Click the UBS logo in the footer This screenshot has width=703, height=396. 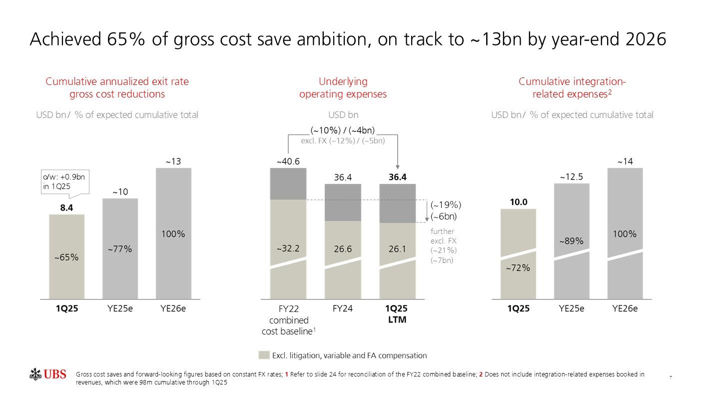[x=48, y=374]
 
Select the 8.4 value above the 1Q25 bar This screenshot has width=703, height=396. [x=67, y=208]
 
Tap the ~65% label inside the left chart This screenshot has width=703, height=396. [x=66, y=257]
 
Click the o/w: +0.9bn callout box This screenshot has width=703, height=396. [x=64, y=182]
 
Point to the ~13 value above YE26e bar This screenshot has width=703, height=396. [x=173, y=161]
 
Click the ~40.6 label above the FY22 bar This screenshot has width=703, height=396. [x=288, y=161]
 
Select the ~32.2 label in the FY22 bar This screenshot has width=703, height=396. [x=288, y=248]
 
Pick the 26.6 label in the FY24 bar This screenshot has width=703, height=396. [x=343, y=248]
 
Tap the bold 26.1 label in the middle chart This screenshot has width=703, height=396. [x=397, y=248]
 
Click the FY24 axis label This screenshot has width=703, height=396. [x=343, y=308]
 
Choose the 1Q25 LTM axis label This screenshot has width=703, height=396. [x=397, y=314]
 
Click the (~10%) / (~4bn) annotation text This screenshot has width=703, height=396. [x=343, y=131]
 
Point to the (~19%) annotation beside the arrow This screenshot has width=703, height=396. [x=446, y=204]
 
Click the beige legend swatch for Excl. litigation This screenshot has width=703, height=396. [x=264, y=355]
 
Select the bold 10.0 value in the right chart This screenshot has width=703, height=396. [x=519, y=202]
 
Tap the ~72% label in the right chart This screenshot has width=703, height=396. [x=518, y=268]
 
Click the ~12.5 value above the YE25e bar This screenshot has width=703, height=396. [x=572, y=177]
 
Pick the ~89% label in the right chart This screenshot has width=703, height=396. [x=572, y=241]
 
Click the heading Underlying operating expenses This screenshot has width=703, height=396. [x=343, y=87]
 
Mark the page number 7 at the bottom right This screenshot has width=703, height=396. [x=670, y=376]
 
